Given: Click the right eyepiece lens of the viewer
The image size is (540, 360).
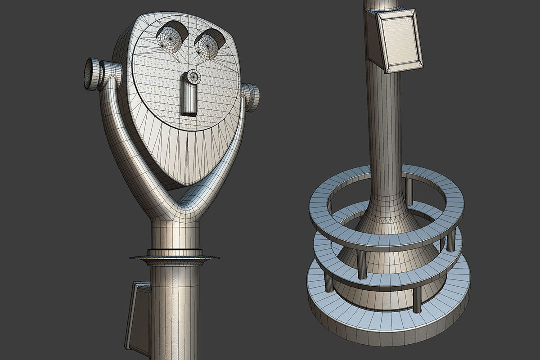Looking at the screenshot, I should (x=206, y=45).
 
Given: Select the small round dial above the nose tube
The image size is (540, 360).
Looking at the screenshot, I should (x=194, y=76).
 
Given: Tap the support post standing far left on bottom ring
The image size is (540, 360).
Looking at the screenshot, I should (x=329, y=282).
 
